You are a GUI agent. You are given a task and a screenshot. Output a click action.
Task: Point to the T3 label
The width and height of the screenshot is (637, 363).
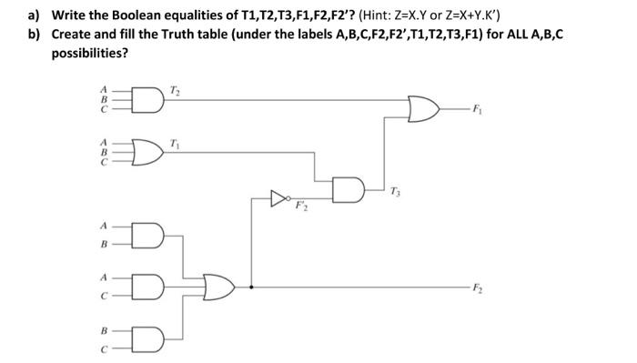point(393,192)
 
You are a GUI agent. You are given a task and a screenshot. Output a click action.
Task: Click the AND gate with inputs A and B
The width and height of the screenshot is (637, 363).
point(146,235)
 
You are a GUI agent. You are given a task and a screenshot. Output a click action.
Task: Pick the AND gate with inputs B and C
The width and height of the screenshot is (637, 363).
point(146,337)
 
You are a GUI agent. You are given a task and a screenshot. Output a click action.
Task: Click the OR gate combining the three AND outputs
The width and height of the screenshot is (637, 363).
point(218,287)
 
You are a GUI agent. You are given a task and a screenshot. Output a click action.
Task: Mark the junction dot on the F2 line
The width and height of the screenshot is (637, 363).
point(250,287)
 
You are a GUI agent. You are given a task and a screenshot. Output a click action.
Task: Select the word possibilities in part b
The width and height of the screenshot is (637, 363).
point(89,52)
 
